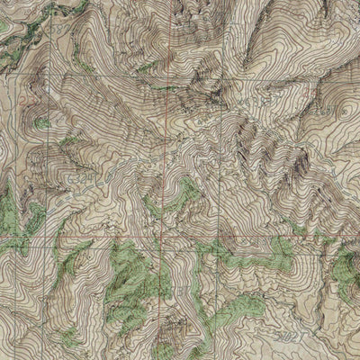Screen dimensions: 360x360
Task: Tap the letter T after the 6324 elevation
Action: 102,178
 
